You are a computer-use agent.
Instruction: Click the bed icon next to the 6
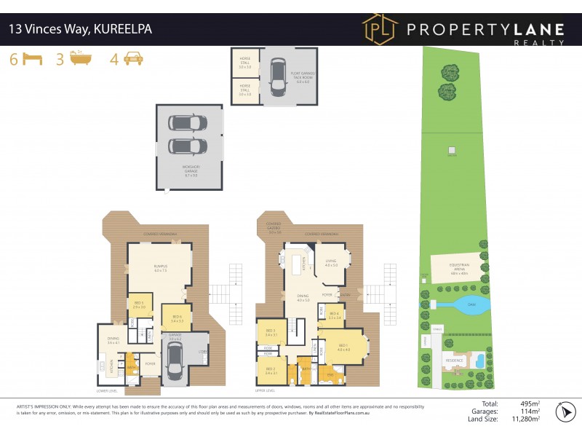[x=31, y=59]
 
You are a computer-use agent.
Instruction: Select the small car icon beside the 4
[x=133, y=59]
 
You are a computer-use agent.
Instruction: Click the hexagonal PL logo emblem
[x=380, y=30]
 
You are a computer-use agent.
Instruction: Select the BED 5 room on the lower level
[x=138, y=305]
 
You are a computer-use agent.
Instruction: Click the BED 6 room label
[x=176, y=317]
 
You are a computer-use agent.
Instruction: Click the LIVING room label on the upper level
[x=332, y=263]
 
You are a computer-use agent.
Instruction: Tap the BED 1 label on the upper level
[x=343, y=347]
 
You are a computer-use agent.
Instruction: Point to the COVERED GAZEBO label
[x=274, y=227]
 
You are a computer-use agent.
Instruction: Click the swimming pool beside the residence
[x=479, y=361]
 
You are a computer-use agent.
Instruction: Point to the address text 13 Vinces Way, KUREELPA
[x=80, y=30]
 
